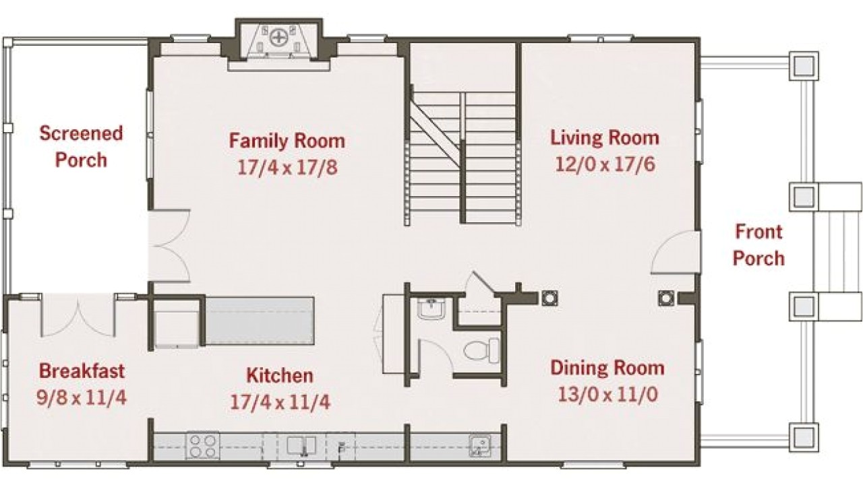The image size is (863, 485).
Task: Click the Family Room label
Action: [287, 141]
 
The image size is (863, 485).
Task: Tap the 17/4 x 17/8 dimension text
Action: [287, 166]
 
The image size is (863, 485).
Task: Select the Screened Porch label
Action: [81, 146]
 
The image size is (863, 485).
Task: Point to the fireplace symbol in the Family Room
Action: [278, 39]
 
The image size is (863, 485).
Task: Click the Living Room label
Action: [604, 138]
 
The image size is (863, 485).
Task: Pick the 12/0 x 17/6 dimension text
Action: [604, 164]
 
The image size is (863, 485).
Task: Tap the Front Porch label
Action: [758, 245]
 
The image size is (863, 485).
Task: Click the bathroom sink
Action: [430, 309]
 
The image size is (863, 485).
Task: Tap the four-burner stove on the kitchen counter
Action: [203, 445]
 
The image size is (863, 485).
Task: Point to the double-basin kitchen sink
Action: [302, 446]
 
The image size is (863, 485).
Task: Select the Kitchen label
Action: [279, 375]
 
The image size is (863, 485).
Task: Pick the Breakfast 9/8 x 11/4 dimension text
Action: [81, 396]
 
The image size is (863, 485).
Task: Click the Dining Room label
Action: [607, 368]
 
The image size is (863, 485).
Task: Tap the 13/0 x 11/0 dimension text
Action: [607, 394]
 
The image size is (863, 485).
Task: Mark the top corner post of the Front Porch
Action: [804, 65]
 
